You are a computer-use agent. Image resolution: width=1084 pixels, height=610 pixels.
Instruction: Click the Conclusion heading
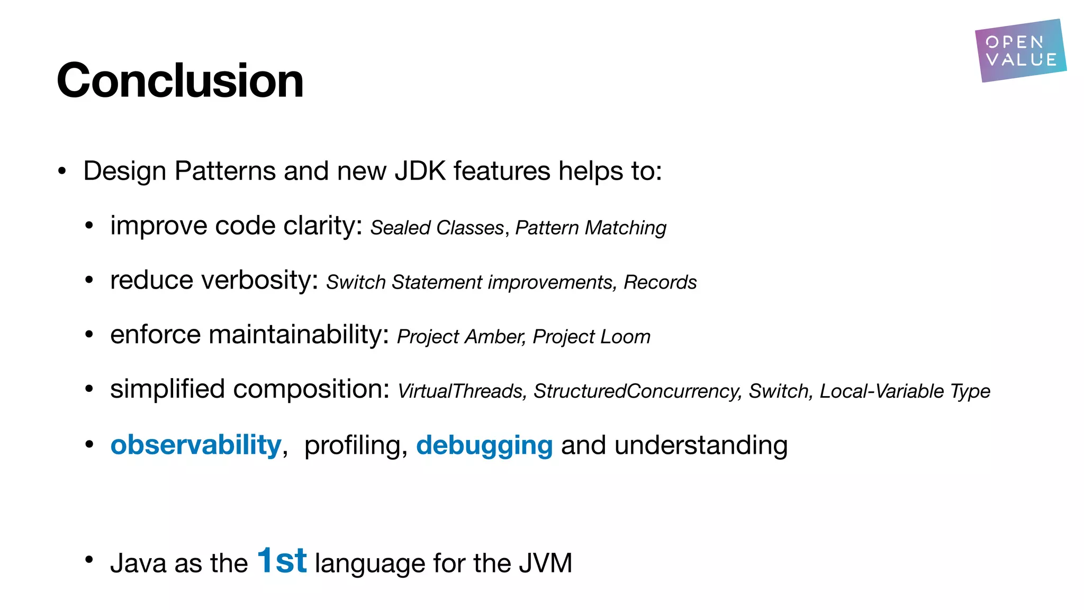[180, 80]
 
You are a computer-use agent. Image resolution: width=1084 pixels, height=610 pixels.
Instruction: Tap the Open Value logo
[1020, 51]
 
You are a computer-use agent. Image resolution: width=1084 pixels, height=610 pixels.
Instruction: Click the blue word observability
[195, 445]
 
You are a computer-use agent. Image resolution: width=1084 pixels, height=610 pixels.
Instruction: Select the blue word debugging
[484, 445]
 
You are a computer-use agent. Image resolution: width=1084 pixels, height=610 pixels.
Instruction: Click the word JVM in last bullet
[545, 563]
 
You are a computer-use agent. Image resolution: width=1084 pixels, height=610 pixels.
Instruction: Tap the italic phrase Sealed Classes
[437, 228]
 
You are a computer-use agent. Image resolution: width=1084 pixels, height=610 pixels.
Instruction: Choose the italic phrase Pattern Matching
[591, 228]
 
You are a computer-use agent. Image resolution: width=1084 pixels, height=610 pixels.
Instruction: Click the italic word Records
[660, 282]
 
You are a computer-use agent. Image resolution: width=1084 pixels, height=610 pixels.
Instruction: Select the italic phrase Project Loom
[591, 337]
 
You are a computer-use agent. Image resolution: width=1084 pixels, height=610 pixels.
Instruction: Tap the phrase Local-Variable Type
[905, 391]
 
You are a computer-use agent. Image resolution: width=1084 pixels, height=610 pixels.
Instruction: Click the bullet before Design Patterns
[62, 171]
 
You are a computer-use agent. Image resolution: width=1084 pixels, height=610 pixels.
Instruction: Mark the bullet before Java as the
[89, 560]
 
